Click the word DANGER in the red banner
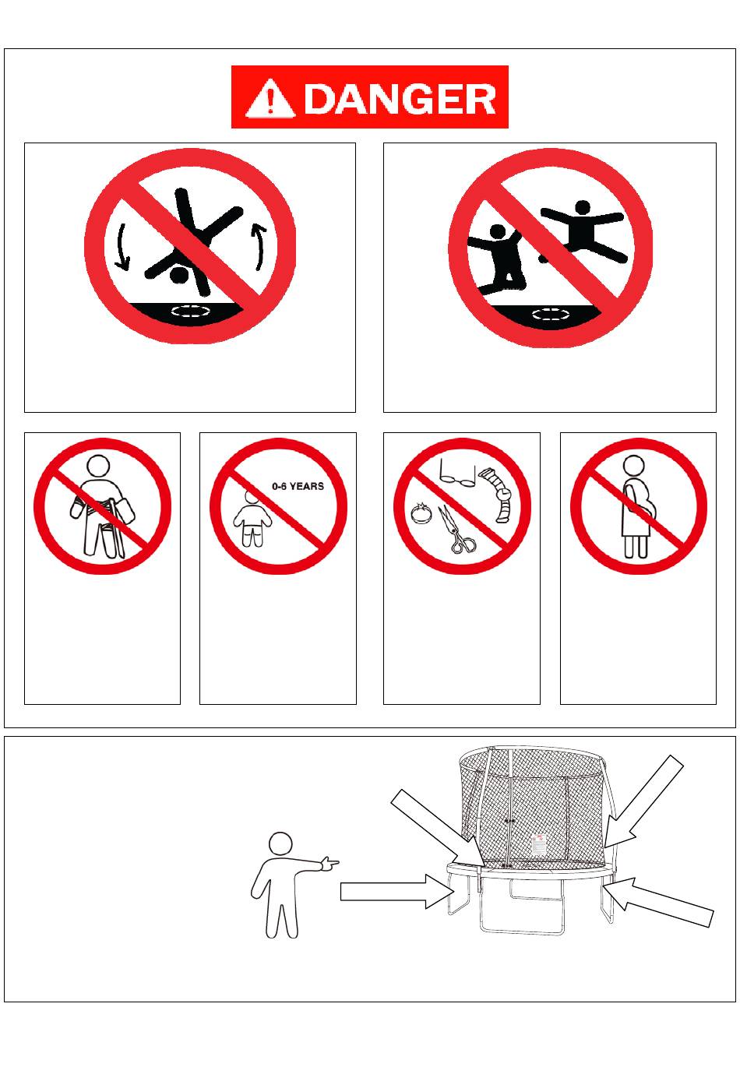pos(400,99)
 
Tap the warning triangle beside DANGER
pos(270,98)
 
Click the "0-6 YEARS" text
pos(298,486)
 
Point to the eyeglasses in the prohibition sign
pos(457,473)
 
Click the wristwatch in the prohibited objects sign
pos(499,495)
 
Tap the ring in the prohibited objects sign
pos(421,513)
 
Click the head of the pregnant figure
pos(633,466)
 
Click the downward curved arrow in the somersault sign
pos(122,246)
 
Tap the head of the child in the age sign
pos(252,496)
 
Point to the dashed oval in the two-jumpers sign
pos(551,315)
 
